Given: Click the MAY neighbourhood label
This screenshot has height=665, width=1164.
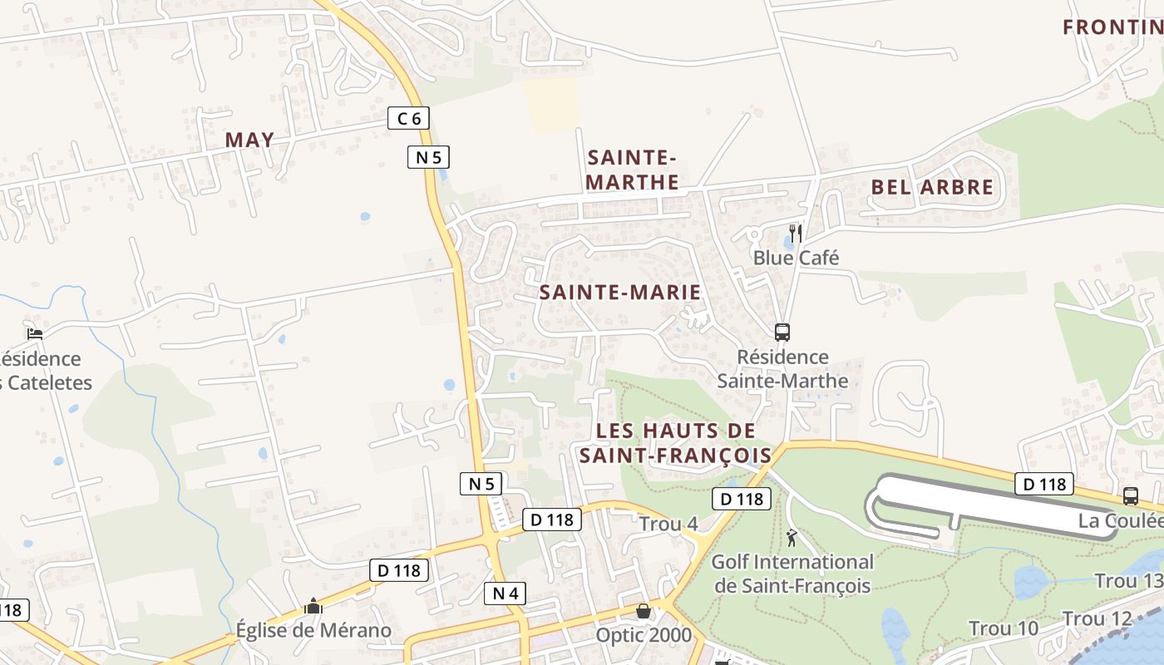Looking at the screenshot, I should [249, 140].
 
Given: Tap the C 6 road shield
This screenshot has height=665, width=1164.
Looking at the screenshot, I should [408, 118].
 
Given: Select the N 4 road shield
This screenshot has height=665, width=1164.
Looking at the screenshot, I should [505, 593].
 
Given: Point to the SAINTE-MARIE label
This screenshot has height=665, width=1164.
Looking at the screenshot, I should [620, 293].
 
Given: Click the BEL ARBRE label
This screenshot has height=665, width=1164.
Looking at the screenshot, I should [932, 187].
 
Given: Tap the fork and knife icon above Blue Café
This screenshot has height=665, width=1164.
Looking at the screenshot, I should [796, 233].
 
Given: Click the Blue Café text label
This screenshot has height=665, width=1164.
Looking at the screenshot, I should [796, 258].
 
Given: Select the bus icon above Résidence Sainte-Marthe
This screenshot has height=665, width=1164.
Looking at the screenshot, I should [782, 332].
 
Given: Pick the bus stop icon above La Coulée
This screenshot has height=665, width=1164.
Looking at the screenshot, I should [1130, 496].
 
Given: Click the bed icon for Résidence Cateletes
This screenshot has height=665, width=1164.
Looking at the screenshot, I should [34, 334].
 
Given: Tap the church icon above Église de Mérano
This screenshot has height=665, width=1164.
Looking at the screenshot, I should [313, 606].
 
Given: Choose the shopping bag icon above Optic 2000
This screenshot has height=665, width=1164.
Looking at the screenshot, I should [644, 612].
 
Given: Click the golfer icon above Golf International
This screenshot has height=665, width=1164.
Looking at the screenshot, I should [792, 537].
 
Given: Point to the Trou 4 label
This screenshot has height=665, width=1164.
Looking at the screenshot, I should [668, 525].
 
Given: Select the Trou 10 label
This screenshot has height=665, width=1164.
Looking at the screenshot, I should [1004, 628].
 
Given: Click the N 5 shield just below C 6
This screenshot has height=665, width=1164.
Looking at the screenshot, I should [428, 155].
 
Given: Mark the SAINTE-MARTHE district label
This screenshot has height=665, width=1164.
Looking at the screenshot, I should [633, 170].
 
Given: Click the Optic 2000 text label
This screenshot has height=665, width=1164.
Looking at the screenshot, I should [644, 635].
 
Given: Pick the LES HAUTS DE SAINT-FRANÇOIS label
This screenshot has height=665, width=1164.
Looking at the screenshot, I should [676, 443].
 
